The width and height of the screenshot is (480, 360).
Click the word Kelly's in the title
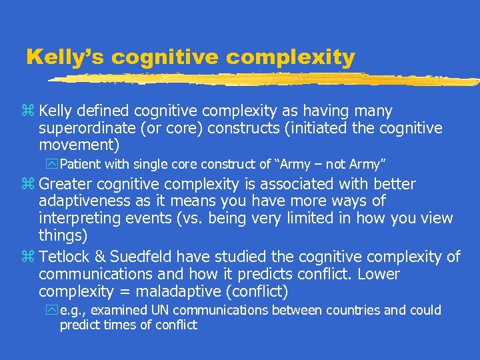click(x=65, y=57)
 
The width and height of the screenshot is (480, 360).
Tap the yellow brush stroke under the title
click(x=267, y=79)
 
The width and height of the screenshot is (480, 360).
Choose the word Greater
click(x=66, y=184)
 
